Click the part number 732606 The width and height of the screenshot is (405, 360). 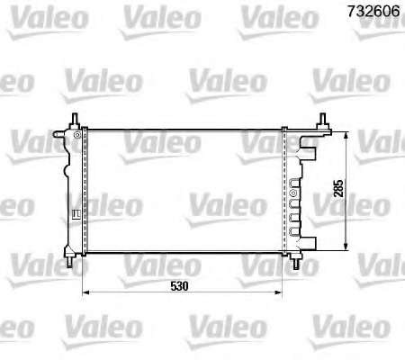point(373,12)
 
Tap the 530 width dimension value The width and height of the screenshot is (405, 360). point(179,286)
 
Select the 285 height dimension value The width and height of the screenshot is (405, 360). point(338,188)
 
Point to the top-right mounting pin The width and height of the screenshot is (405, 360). point(323,119)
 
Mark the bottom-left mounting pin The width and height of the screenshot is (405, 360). point(69,262)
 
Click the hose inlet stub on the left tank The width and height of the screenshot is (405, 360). point(59,133)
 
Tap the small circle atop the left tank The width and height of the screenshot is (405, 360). point(77,134)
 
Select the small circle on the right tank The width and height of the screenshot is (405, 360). point(293,193)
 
